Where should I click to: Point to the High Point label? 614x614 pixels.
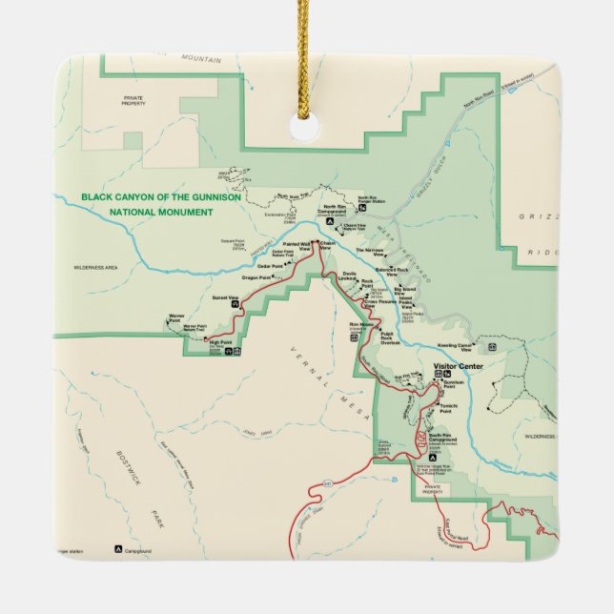point(220,342)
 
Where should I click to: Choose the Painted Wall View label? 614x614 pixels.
point(297,246)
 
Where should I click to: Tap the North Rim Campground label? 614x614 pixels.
point(338,209)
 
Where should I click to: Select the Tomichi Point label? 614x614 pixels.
point(450,409)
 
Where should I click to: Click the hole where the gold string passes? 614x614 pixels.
point(306,130)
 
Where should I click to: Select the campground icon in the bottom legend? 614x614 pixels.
point(119,549)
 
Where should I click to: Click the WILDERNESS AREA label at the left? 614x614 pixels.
point(95,268)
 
